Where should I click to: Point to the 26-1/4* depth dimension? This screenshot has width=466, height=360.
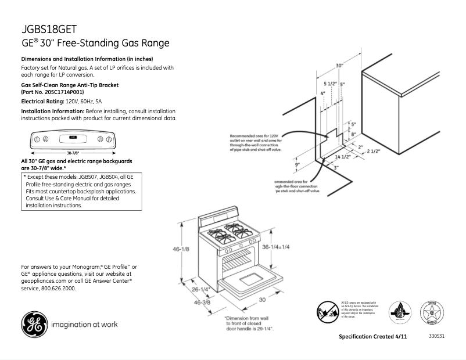coord(200,289)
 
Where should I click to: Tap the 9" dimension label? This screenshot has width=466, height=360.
coord(296,164)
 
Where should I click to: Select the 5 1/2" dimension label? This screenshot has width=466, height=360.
coord(330,84)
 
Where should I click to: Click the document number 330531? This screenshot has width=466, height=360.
coord(436,337)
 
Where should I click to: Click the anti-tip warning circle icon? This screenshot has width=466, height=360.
coord(327,312)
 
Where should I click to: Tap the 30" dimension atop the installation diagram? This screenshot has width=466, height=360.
coord(339,66)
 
